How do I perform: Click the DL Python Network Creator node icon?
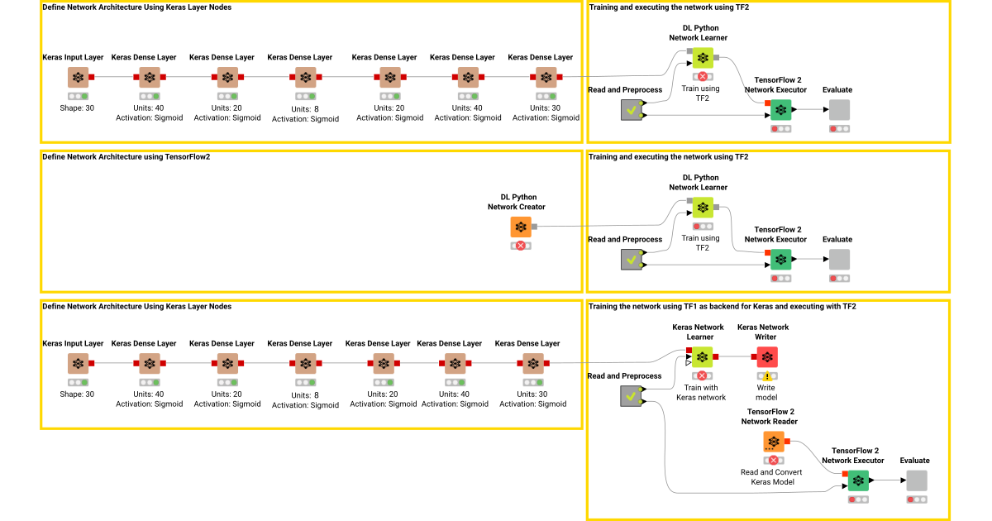pos(520,227)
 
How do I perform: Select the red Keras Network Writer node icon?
pos(766,356)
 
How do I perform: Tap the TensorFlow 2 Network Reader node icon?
pos(774,442)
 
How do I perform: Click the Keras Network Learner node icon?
pos(702,356)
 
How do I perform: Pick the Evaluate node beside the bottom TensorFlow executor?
pos(916,480)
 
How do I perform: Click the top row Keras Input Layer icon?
pos(78,77)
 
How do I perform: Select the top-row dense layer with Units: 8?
pos(305,77)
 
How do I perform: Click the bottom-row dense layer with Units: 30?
pos(533,363)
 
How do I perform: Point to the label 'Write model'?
pos(766,392)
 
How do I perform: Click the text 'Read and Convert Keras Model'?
pos(773,476)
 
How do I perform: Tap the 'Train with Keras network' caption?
pos(701,392)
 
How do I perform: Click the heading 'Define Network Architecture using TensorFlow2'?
pos(126,157)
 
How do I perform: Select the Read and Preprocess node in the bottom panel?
pos(632,397)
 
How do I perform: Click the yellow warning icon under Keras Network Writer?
pos(766,376)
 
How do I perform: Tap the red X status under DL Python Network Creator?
pos(520,246)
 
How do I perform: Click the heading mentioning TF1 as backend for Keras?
pos(722,307)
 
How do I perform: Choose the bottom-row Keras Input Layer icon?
pos(78,363)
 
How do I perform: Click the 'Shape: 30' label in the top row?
pos(77,108)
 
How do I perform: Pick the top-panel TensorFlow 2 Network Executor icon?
pos(780,110)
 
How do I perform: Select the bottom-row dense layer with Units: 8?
pos(305,363)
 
